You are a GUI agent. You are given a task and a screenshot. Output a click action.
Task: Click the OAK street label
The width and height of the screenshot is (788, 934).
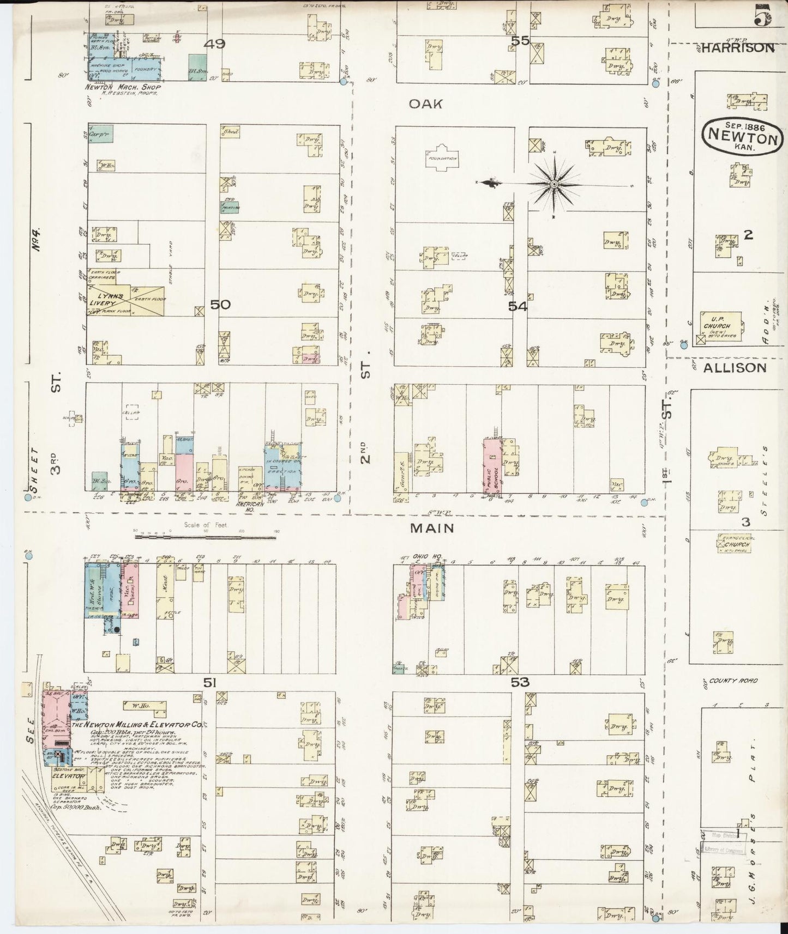[425, 104]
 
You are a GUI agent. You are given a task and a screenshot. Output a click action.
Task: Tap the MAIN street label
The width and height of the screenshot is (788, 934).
[432, 527]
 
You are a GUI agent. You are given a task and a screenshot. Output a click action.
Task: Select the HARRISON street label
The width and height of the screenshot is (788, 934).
[737, 48]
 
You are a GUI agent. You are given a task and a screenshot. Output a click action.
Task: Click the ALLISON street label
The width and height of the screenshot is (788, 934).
[734, 368]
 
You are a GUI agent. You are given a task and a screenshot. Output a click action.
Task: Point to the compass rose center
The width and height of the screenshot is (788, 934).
[554, 185]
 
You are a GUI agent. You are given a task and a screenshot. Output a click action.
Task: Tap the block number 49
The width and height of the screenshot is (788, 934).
[214, 44]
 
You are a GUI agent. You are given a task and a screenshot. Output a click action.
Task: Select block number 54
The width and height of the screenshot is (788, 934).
[518, 307]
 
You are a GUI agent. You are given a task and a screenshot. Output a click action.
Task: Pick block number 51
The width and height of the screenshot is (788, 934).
[210, 682]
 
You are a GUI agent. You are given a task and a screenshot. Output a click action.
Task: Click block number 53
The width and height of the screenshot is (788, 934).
[520, 682]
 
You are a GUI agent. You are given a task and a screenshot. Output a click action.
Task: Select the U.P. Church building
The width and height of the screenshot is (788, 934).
[720, 326]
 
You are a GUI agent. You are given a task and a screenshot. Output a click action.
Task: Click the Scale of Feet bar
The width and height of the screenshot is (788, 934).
[205, 537]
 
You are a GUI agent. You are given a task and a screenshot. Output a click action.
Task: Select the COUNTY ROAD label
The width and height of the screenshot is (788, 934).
[731, 681]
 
